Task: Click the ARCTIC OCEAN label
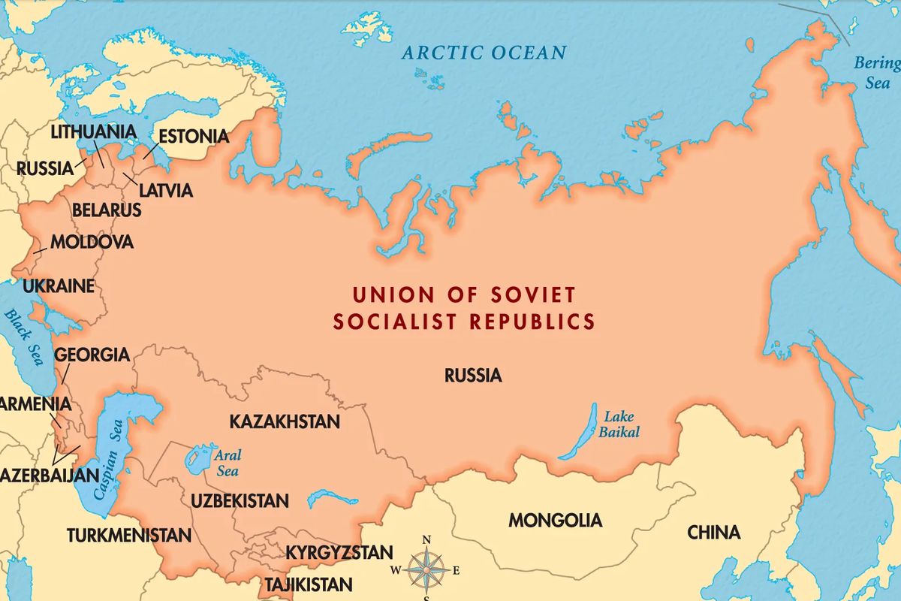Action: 484,53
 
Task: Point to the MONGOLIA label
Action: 555,520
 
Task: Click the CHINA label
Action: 713,533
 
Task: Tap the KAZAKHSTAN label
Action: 285,421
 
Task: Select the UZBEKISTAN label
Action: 240,500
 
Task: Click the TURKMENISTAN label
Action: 129,536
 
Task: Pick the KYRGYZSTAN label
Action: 339,553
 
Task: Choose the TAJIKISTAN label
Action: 307,584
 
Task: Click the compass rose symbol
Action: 426,569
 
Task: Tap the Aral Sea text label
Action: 228,463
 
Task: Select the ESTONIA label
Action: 193,137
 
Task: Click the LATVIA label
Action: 164,191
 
